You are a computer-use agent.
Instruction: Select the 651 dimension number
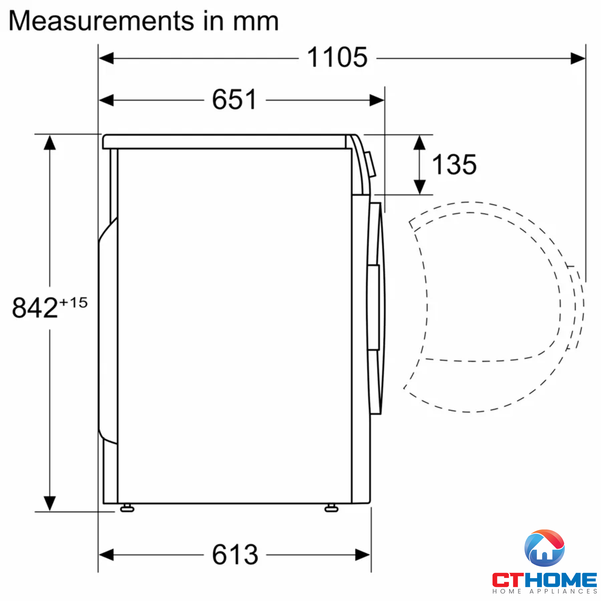point(235,99)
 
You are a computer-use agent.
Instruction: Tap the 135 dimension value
point(454,165)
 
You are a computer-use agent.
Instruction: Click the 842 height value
point(35,307)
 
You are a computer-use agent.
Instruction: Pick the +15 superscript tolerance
point(73,302)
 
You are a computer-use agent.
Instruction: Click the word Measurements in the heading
point(101,21)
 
